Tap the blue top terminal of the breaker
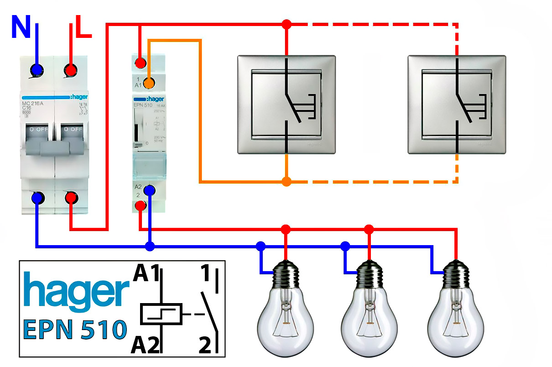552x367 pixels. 36,70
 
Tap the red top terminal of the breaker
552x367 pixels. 71,70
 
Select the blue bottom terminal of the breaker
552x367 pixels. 37,198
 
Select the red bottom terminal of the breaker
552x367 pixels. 71,198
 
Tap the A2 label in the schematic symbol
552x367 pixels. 146,346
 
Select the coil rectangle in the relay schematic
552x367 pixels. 161,314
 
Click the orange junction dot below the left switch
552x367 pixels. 286,182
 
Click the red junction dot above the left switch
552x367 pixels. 286,24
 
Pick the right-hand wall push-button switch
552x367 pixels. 456,105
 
